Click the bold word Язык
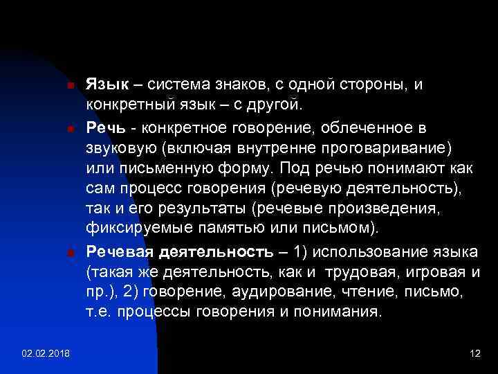[107, 85]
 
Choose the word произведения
[393, 207]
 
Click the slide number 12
[474, 354]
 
